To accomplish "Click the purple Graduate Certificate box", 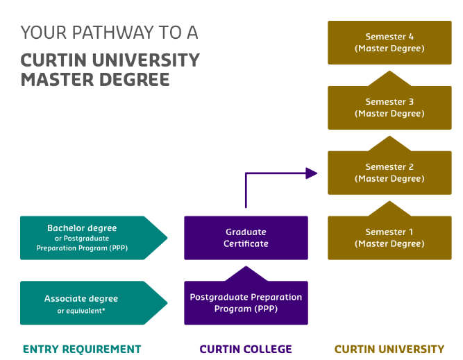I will click(246, 238).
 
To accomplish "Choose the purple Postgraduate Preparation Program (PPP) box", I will click(246, 303).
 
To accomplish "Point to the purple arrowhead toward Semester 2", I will click(312, 173).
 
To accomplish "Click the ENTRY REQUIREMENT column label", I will click(82, 349).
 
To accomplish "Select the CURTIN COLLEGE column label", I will click(246, 349).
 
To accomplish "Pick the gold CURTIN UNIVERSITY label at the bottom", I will click(389, 349).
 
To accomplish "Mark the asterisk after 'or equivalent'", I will click(104, 309).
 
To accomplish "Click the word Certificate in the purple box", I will click(246, 243).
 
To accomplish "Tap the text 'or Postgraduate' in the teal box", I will click(82, 238).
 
